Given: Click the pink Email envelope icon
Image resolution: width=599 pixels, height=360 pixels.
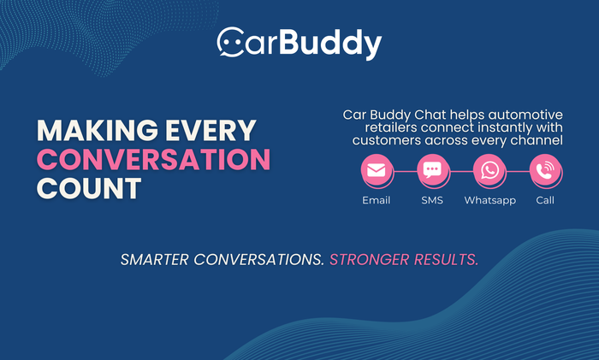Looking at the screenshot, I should [376, 170].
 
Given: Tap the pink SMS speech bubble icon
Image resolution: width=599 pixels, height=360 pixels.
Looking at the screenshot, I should [432, 170].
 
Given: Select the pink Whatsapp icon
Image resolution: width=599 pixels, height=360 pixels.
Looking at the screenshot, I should [489, 170].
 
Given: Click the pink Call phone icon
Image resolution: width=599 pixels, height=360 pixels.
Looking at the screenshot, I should [545, 170].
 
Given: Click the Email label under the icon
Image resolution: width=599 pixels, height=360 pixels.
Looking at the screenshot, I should [376, 200].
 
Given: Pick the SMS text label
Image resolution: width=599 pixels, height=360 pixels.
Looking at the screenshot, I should [432, 200].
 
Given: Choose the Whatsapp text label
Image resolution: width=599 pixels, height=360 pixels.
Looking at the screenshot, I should [489, 200].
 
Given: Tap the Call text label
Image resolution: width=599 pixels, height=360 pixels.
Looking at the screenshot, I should [545, 200].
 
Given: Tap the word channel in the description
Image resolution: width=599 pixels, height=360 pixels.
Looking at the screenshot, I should [536, 139].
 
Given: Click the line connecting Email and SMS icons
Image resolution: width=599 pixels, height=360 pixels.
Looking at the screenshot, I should [404, 170].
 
